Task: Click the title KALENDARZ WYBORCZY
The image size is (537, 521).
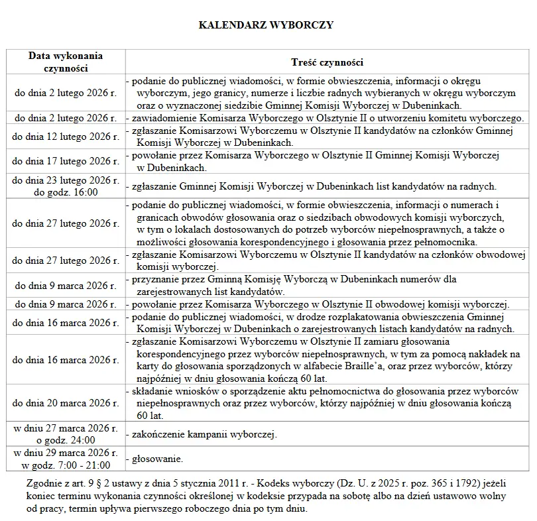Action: [266, 25]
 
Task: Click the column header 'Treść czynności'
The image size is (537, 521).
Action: [327, 62]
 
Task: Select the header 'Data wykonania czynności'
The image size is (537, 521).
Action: [66, 62]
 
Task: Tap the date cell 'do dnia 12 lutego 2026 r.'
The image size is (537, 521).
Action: [66, 137]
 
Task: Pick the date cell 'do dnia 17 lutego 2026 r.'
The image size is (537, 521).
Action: [66, 161]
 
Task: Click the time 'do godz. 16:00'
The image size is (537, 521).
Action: [66, 192]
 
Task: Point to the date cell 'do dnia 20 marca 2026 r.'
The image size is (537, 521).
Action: [66, 402]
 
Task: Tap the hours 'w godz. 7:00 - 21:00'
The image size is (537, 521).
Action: [66, 465]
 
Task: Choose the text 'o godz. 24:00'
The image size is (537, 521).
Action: [66, 439]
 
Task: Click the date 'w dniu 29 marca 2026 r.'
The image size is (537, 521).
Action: [66, 453]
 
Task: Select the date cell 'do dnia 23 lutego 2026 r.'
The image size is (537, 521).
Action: [66, 180]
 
